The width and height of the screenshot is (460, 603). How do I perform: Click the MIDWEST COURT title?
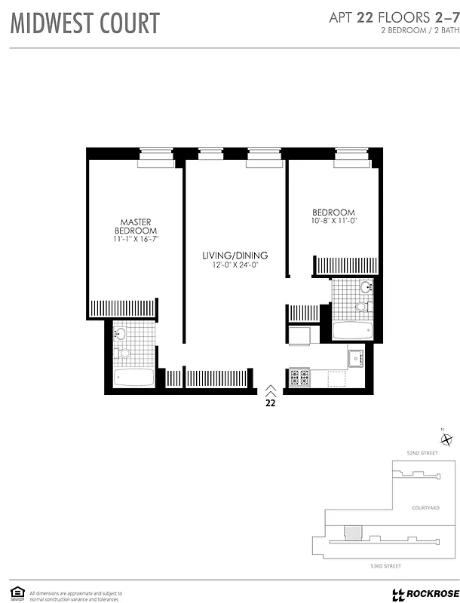[x=85, y=23]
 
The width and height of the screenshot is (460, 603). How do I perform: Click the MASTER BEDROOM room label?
[x=136, y=225]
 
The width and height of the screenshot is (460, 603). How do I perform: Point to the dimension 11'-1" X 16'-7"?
[x=136, y=239]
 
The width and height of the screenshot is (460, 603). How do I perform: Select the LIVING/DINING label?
[x=235, y=256]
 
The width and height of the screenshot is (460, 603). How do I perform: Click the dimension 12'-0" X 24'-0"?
[x=235, y=265]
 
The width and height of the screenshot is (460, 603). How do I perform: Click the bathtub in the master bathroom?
[x=133, y=378]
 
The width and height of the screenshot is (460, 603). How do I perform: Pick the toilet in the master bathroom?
[x=124, y=353]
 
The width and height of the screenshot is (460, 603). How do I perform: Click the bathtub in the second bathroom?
[x=353, y=331]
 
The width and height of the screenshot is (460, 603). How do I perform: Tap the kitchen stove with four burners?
[x=299, y=378]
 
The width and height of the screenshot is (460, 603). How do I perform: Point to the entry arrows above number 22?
[x=270, y=390]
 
